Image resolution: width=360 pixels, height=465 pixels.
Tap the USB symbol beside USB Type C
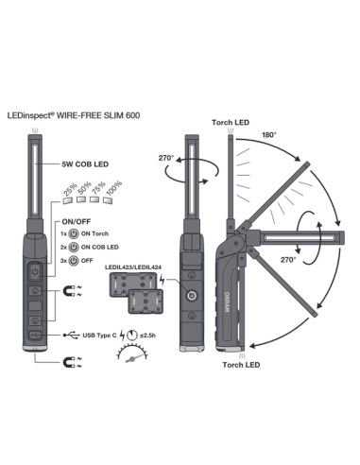[74, 333]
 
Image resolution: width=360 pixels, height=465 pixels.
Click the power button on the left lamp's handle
[35, 271]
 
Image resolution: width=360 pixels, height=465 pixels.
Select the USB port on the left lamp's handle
[35, 333]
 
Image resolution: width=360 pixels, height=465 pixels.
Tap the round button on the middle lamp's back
[191, 296]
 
